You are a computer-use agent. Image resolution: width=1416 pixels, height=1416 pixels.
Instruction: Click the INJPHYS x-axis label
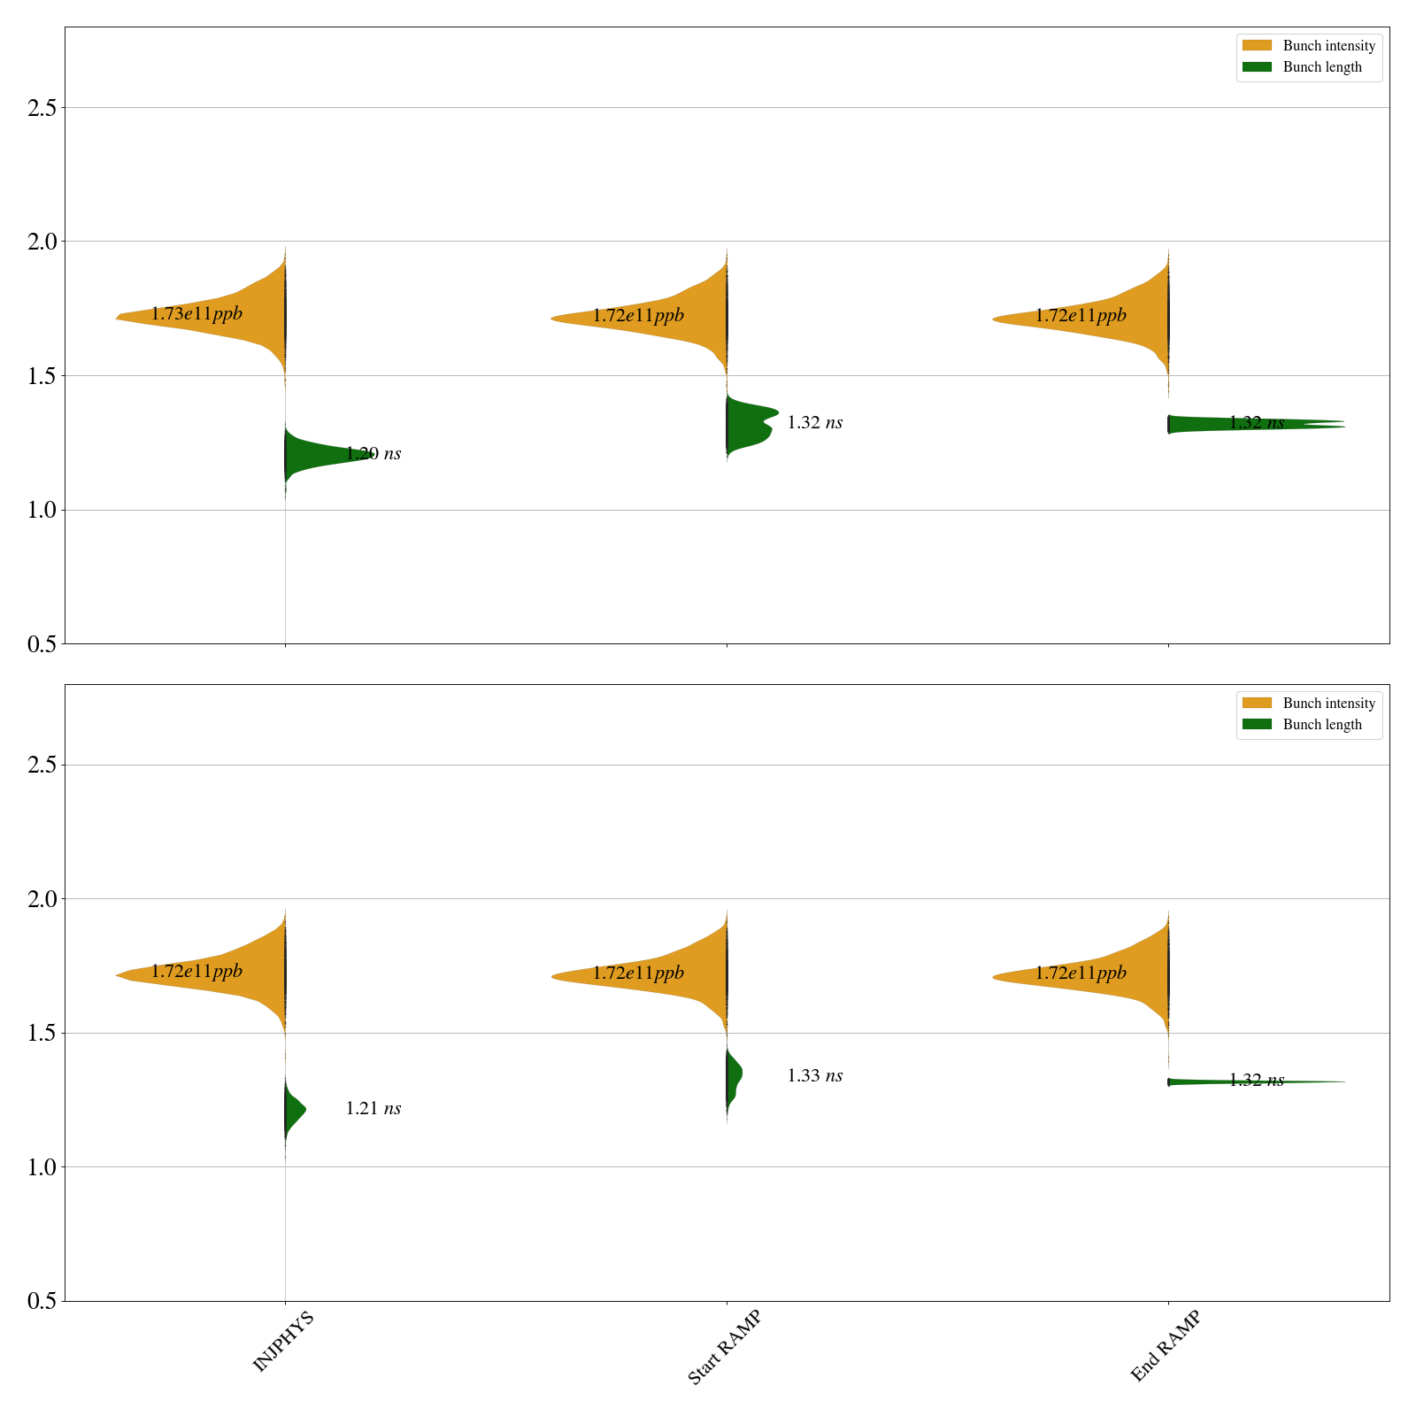pos(283,1342)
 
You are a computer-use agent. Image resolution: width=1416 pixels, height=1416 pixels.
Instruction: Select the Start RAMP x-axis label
pos(724,1347)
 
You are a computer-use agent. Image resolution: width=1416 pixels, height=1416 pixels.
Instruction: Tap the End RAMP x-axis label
pos(1166,1346)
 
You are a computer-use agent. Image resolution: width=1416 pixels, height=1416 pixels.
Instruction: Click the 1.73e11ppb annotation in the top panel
pos(196,314)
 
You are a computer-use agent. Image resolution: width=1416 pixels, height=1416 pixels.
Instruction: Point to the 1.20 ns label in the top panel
pos(373,454)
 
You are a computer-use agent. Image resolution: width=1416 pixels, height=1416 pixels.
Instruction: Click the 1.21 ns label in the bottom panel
pos(373,1109)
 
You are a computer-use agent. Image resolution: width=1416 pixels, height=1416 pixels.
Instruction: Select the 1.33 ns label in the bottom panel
pos(814,1076)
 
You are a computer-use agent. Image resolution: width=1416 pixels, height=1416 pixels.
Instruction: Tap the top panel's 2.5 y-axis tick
pos(42,108)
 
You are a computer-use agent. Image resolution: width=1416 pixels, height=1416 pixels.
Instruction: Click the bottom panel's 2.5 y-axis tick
pos(42,766)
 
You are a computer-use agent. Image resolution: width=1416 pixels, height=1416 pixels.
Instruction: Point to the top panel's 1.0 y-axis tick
pos(42,511)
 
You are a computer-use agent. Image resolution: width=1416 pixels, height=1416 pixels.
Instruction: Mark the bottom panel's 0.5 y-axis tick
pos(42,1302)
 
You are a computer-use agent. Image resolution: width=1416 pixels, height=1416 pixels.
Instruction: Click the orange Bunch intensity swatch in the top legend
pos(1257,45)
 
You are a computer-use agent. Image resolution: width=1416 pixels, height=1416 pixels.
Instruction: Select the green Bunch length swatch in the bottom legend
pos(1257,724)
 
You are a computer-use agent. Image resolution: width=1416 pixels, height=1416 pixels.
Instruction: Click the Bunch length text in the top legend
pos(1322,67)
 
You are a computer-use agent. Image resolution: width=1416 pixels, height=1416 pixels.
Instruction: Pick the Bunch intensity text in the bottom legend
pos(1328,704)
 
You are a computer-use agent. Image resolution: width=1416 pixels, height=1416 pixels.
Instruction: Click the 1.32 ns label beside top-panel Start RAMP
pos(814,423)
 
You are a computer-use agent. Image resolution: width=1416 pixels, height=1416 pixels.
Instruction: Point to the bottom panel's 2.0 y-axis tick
pos(42,899)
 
